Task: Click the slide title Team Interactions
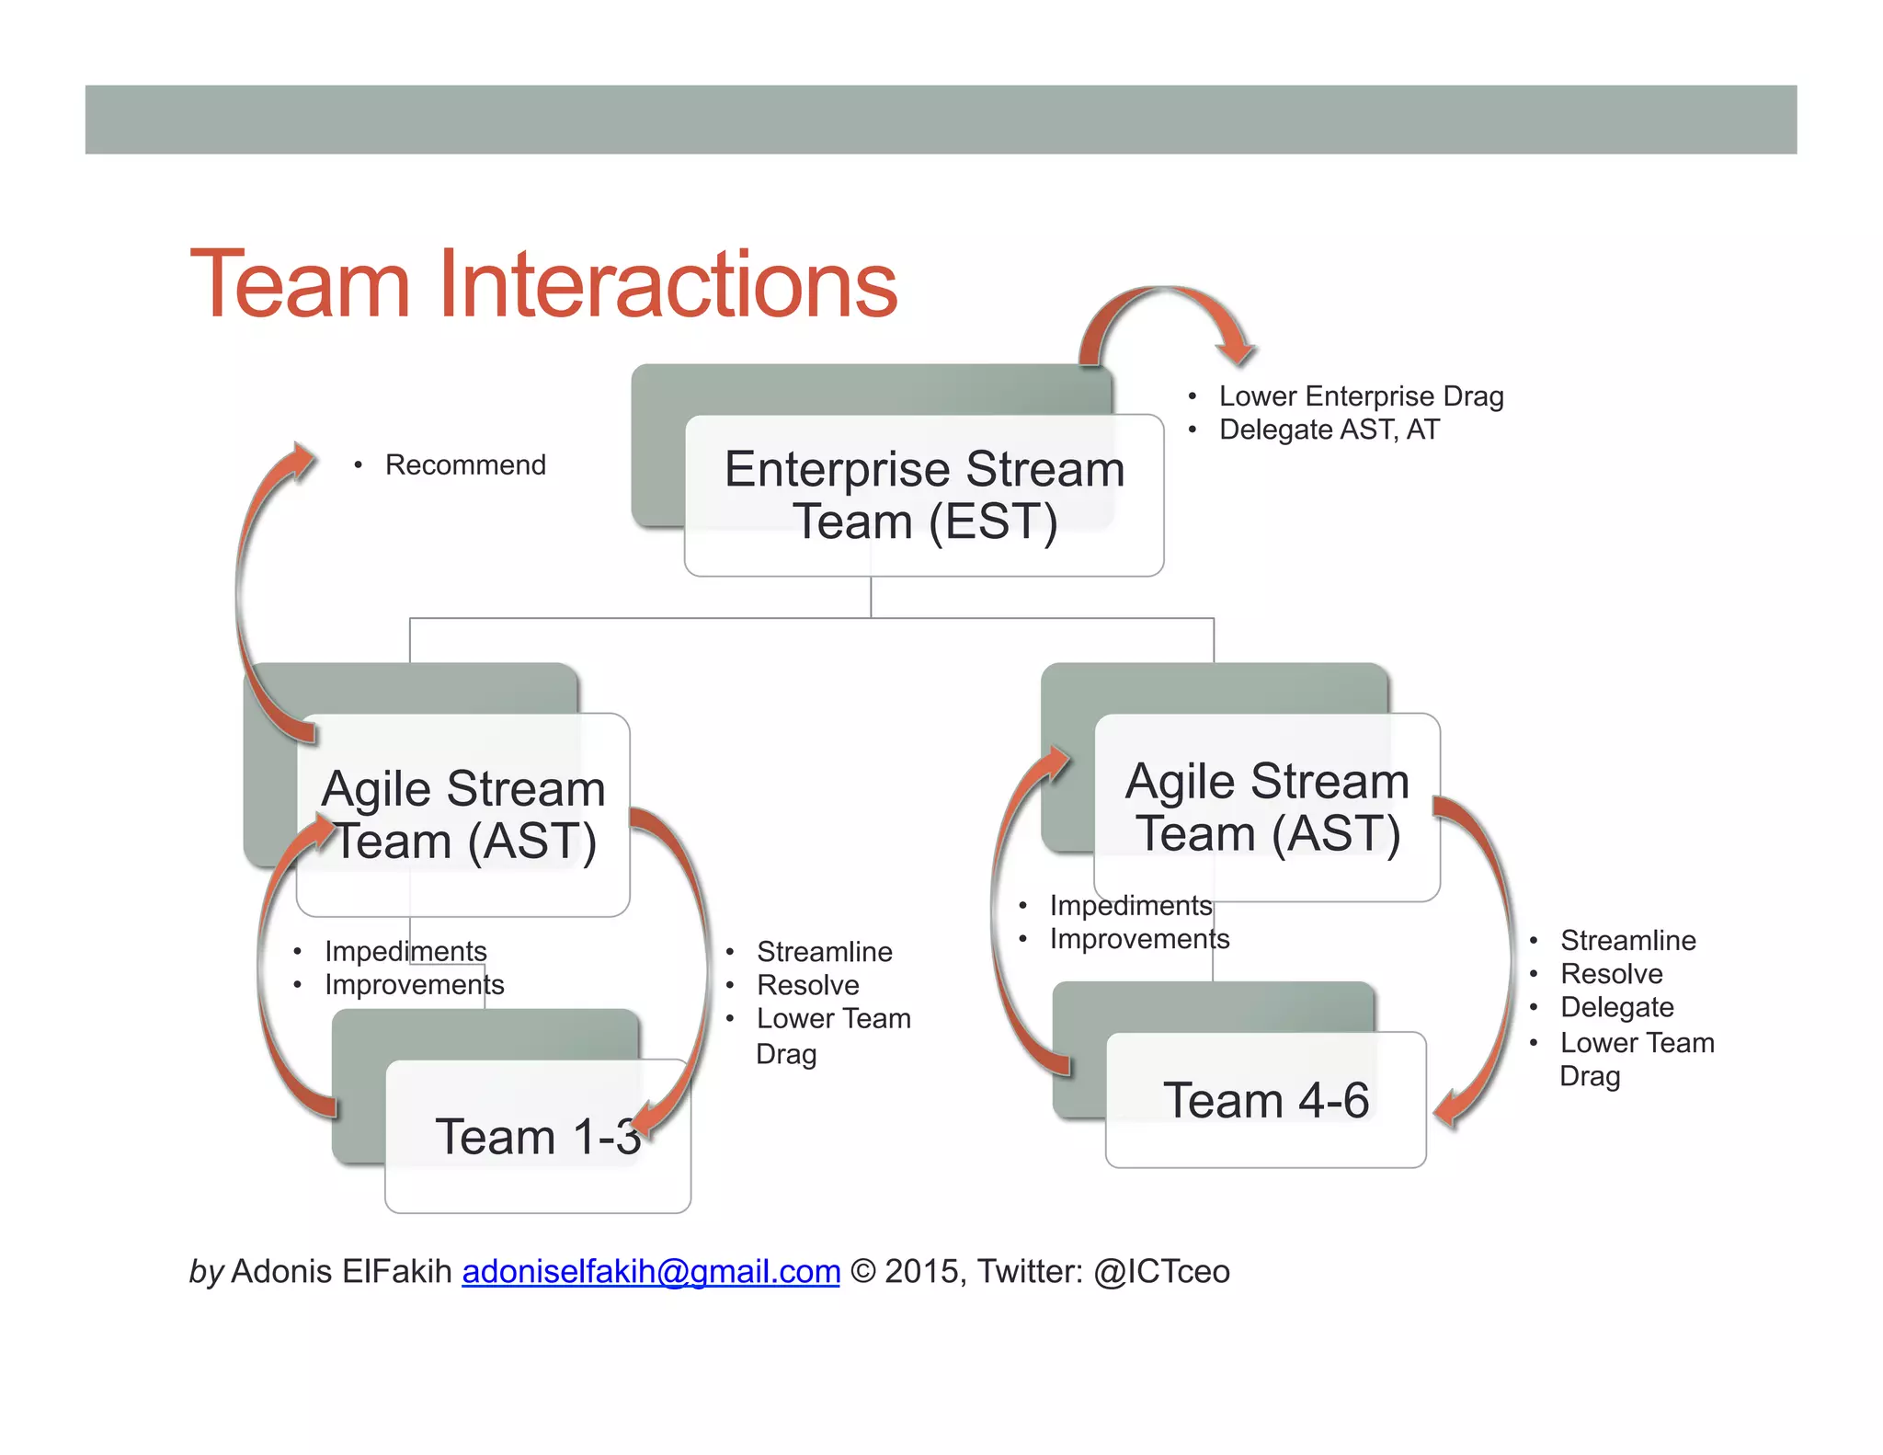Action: click(x=542, y=285)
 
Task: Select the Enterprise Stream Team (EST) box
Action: click(x=924, y=496)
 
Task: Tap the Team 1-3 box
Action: click(x=538, y=1137)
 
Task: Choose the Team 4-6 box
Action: click(x=1265, y=1100)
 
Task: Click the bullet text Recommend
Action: click(x=465, y=465)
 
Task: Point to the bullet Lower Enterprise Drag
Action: click(x=1361, y=396)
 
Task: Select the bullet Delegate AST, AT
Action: click(x=1329, y=430)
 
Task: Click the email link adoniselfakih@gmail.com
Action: click(x=651, y=1271)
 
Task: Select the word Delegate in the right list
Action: click(x=1616, y=1007)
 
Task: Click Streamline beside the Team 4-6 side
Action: click(x=1627, y=940)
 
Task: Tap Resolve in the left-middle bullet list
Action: click(x=807, y=985)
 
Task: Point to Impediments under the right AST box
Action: click(x=1130, y=906)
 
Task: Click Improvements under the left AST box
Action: click(x=414, y=985)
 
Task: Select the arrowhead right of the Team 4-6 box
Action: click(x=1450, y=1107)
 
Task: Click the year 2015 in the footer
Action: click(x=922, y=1271)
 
